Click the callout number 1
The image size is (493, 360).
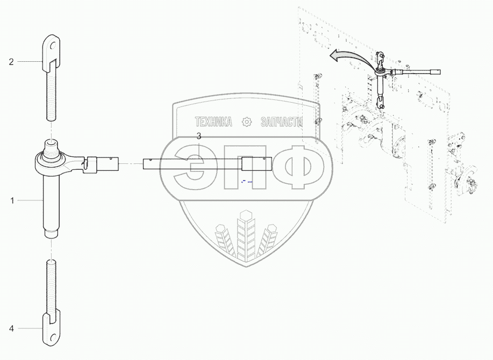pos(11,200)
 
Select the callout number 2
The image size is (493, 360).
pos(11,62)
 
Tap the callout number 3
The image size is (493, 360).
pos(198,136)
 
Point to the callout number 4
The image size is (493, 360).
pos(11,328)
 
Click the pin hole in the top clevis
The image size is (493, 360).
pos(51,45)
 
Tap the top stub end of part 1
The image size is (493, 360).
pos(51,144)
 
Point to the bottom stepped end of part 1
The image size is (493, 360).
pos(51,233)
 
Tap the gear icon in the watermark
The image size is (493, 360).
pos(247,122)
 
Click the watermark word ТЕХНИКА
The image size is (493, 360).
pos(213,122)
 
